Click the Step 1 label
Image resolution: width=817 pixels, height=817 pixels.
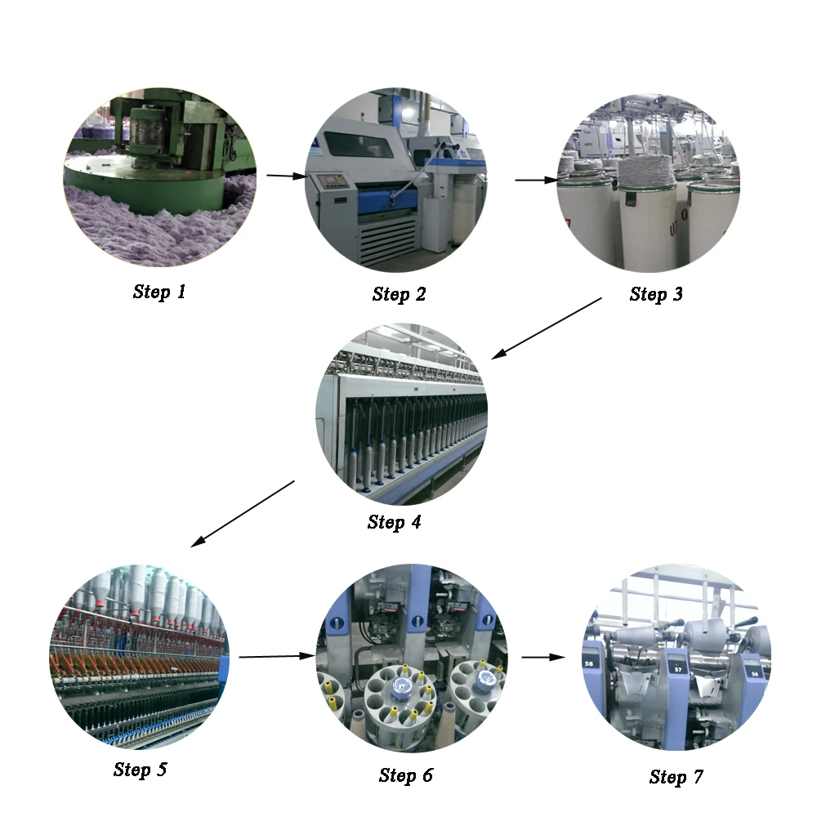(159, 292)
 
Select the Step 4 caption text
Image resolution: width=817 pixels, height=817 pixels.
(394, 522)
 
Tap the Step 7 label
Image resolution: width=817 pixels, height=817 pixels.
(676, 777)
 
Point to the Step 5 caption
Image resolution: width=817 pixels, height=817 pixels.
(141, 770)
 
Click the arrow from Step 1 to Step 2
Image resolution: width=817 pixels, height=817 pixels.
(287, 176)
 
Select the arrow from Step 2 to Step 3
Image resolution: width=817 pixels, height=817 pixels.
(537, 180)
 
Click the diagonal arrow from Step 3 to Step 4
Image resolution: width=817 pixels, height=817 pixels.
(547, 328)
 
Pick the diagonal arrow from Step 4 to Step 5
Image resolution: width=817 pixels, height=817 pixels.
(243, 514)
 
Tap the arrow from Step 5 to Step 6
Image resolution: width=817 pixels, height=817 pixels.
(277, 657)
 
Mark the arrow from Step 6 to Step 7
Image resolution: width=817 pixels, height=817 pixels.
(543, 658)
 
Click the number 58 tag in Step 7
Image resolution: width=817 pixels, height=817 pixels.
(589, 663)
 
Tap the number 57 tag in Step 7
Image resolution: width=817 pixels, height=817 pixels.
(678, 670)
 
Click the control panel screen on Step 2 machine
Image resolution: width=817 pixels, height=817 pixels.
(333, 182)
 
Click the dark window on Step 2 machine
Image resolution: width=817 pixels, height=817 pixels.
(359, 144)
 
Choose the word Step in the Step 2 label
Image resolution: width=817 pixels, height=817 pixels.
(391, 294)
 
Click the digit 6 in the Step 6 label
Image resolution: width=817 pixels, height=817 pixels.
(428, 775)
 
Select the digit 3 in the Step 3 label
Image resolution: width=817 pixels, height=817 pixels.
(677, 294)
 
